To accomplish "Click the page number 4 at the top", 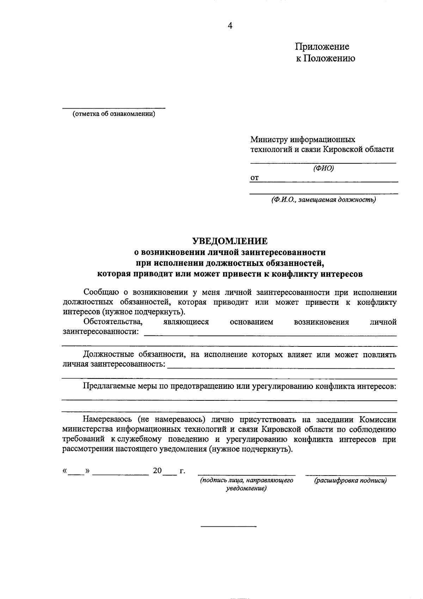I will point(230,26).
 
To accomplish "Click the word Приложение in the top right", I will point(322,47).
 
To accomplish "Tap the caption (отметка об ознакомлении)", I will point(114,114).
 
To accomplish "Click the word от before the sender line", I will point(254,179).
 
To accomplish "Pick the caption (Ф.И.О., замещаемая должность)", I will point(323,200).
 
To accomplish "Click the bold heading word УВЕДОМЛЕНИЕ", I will point(230,241).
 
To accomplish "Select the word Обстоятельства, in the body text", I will point(113,322).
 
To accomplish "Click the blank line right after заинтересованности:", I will point(270,334).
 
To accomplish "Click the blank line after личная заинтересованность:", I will point(281,368).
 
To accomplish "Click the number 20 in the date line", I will point(157,471).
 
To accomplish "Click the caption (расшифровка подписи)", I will point(350,480).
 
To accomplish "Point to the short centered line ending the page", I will point(228,527).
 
